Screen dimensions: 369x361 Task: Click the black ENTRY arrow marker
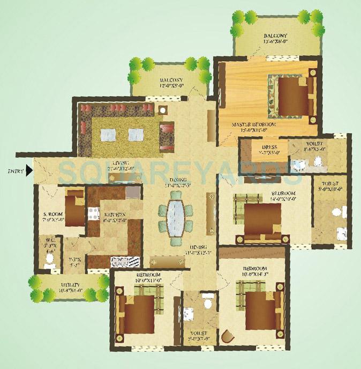[x=29, y=171]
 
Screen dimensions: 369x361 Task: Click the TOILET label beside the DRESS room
[x=315, y=144]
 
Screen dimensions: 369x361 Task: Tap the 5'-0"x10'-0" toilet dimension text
[x=331, y=188]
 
